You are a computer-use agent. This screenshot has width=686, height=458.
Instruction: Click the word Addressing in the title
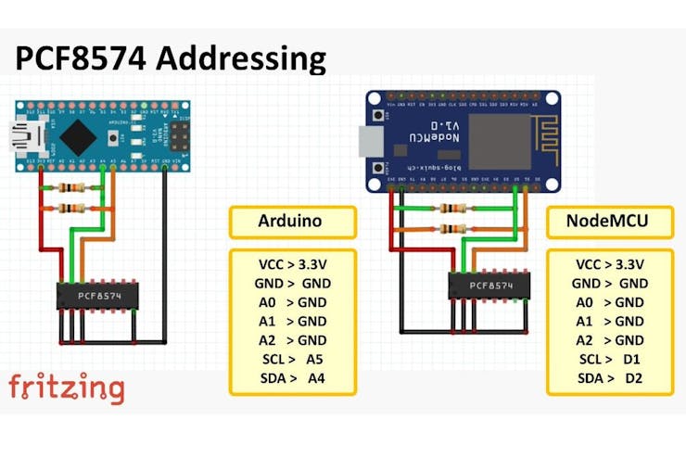(x=243, y=58)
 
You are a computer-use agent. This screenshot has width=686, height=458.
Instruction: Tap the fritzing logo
(x=66, y=387)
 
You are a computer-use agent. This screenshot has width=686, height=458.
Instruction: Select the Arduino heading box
(x=292, y=223)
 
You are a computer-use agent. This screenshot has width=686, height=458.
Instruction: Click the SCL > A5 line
(x=292, y=359)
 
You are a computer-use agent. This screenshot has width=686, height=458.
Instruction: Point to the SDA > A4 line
(x=292, y=378)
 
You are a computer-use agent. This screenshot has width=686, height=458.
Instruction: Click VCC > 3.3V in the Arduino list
(x=292, y=263)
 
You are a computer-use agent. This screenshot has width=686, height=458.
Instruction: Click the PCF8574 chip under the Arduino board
(x=97, y=297)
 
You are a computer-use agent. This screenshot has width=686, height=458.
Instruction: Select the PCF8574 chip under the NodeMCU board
(x=490, y=286)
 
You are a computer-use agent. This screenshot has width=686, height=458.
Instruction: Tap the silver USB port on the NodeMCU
(x=372, y=141)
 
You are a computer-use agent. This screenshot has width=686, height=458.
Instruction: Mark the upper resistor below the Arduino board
(x=74, y=188)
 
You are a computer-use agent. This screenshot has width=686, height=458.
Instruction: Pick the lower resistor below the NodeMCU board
(x=453, y=228)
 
